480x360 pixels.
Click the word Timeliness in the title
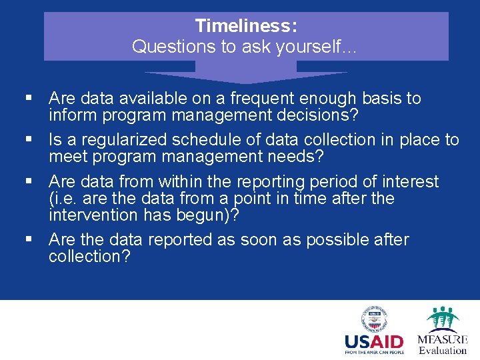click(x=245, y=27)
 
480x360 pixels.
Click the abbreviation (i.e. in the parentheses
click(x=63, y=199)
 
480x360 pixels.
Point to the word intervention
click(x=94, y=215)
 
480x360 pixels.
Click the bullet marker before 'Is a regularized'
click(x=29, y=140)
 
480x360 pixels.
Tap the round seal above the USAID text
click(x=374, y=319)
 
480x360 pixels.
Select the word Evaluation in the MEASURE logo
click(x=442, y=351)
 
